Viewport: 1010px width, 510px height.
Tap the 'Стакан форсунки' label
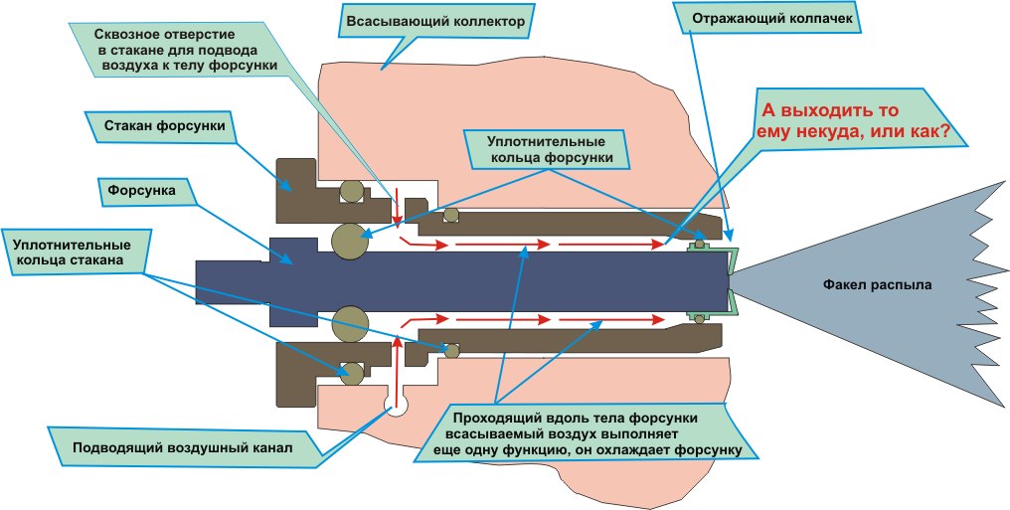pos(164,126)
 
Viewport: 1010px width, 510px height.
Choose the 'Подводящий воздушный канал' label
pos(182,447)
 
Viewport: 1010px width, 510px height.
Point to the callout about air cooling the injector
pos(593,432)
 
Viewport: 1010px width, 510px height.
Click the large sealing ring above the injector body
pos(351,240)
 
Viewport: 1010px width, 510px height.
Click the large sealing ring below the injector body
pos(351,323)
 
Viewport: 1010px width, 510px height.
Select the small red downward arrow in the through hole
pos(397,204)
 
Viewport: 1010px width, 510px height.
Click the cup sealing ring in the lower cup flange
pos(351,373)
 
